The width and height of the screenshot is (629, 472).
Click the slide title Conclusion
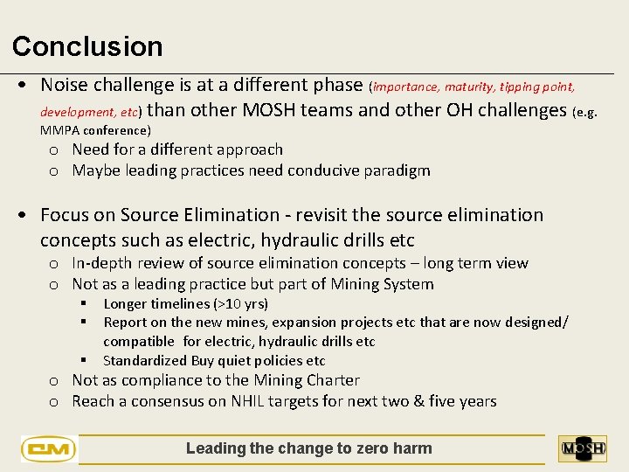pos(87,46)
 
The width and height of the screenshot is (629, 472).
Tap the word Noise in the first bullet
pos(63,85)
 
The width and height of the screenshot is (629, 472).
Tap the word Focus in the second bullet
pos(64,215)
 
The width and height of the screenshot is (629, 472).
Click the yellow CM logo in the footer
pos(49,449)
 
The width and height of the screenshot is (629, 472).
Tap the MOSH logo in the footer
pos(583,448)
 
